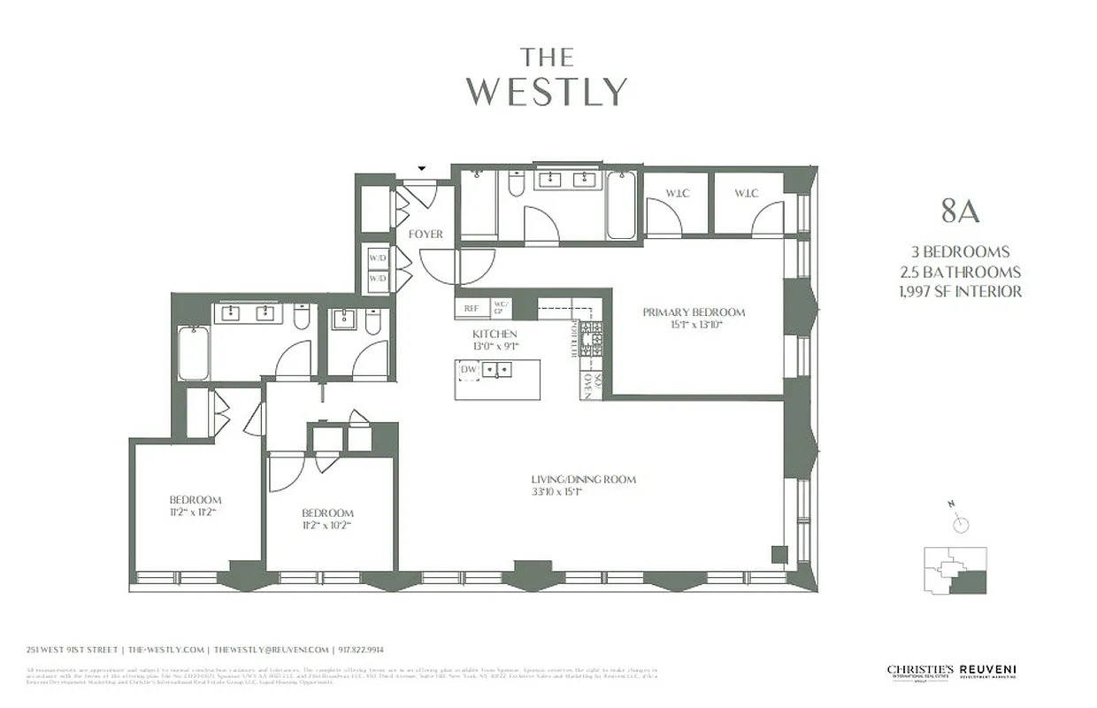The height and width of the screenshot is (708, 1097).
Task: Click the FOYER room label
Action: coord(426,235)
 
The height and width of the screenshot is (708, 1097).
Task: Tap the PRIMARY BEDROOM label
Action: coord(694,312)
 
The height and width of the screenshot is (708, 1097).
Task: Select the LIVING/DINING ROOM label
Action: coord(583,480)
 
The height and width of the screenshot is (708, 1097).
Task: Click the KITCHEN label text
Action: coord(495,334)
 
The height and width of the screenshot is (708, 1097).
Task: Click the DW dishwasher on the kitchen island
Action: coord(468,369)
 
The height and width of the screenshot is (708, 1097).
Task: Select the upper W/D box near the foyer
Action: coord(378,258)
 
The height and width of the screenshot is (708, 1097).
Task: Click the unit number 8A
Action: coord(960,213)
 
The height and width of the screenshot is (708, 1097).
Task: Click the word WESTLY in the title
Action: coord(547,92)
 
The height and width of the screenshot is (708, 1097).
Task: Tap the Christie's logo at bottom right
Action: coord(920,672)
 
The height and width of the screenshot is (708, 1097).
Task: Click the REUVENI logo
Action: coord(989,672)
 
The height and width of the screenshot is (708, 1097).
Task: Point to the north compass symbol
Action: coord(960,523)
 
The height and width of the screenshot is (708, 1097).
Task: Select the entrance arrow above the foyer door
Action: coord(422,168)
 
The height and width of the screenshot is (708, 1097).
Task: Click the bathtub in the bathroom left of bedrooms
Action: coord(194,353)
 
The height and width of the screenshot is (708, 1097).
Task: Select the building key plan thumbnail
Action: coord(955,569)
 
